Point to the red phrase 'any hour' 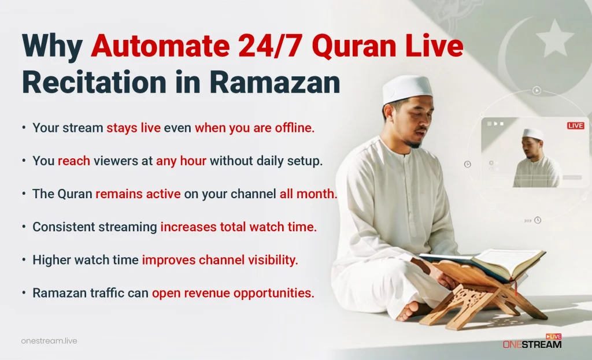click(181, 161)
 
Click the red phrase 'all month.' click(308, 194)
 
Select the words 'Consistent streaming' click(95, 227)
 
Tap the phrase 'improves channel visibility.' click(220, 260)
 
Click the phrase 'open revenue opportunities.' click(233, 293)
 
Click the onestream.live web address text click(49, 341)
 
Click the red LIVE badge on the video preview click(575, 125)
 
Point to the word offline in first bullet click(292, 128)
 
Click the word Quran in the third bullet click(75, 194)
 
